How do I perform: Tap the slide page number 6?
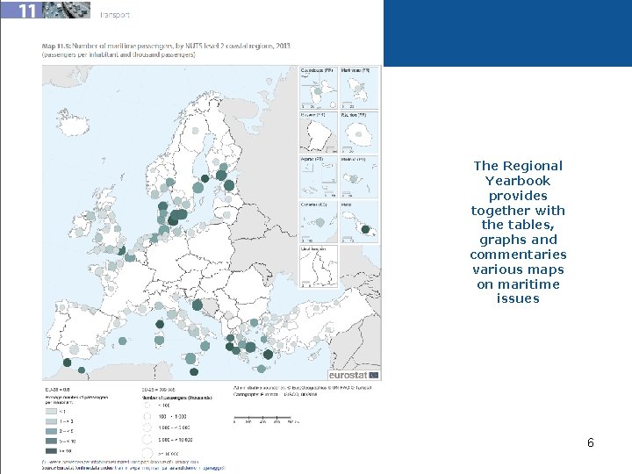(x=591, y=443)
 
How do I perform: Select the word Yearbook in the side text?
(x=517, y=181)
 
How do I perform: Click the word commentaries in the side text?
(x=517, y=255)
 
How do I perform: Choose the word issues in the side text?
(x=517, y=299)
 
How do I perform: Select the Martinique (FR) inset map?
(x=359, y=87)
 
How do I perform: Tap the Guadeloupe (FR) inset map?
(x=318, y=87)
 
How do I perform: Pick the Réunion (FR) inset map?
(x=359, y=132)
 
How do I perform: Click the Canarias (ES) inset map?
(x=318, y=219)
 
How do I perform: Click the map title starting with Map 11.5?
(x=166, y=45)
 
